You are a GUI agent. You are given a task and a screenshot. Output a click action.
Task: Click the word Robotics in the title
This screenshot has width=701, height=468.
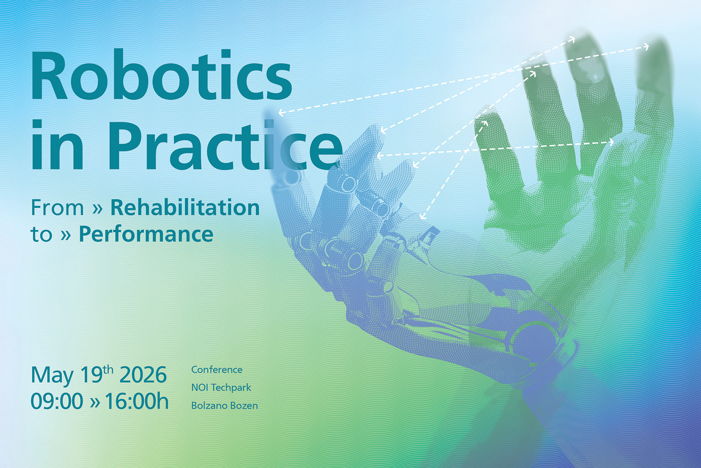coord(161,76)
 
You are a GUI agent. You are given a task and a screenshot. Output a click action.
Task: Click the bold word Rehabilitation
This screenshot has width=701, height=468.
coord(185,208)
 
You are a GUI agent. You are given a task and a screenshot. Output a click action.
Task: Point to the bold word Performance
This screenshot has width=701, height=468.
coord(146,234)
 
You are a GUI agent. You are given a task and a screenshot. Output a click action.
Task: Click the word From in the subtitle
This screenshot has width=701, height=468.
coord(57,208)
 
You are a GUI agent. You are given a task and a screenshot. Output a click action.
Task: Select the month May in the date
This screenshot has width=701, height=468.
coord(52,375)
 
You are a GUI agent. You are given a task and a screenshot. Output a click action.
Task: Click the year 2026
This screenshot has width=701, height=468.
coord(143,375)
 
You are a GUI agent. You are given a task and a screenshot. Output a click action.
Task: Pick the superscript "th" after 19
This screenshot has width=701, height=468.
coord(108,370)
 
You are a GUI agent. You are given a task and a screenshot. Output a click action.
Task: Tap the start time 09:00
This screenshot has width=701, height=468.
coord(57,402)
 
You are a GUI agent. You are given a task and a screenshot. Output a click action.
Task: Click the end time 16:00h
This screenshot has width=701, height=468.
coord(136,402)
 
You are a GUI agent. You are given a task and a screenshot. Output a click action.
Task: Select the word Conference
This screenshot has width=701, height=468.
coord(217,370)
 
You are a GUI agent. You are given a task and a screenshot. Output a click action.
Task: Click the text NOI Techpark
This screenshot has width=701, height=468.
coord(221,387)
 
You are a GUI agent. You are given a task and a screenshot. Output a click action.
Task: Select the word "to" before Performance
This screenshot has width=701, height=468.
coord(41,235)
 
